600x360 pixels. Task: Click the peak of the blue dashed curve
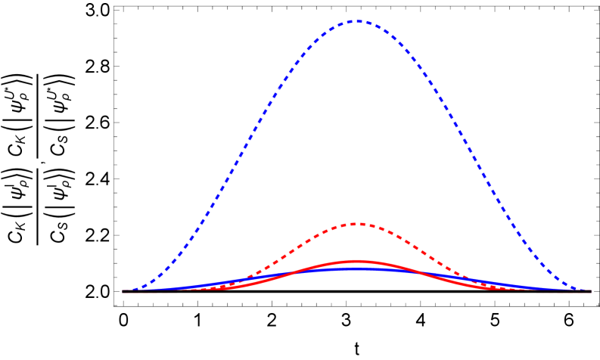click(x=357, y=22)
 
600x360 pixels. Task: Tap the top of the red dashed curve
click(x=357, y=224)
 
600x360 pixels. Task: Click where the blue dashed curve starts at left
click(x=127, y=290)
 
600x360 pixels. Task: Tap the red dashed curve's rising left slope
click(x=295, y=250)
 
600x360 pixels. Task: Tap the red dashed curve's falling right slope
click(x=420, y=250)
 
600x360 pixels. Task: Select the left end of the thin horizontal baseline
click(x=123, y=291)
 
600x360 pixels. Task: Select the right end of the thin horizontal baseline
click(x=591, y=291)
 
